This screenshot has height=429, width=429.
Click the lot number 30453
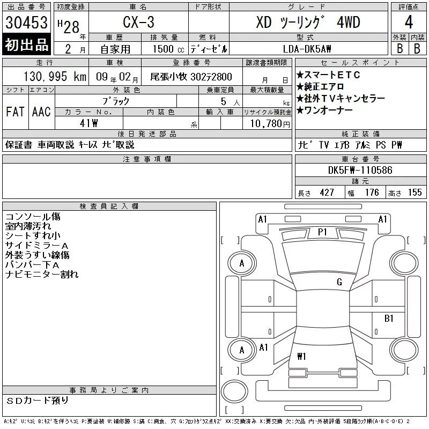(x=26, y=23)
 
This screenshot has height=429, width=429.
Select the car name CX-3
(x=138, y=22)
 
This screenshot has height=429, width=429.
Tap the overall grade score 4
(x=409, y=22)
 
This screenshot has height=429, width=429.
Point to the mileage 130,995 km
(x=55, y=77)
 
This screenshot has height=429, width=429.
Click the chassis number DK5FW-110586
(x=360, y=170)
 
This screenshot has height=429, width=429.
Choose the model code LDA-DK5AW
(x=307, y=49)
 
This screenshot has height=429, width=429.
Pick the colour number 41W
(x=88, y=123)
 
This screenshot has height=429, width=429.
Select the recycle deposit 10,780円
(x=270, y=124)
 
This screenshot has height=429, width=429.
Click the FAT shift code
(x=16, y=112)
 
